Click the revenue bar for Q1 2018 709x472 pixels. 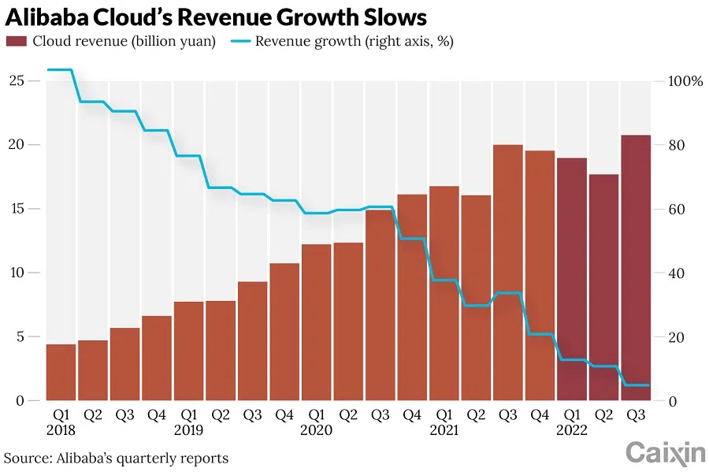tap(61, 372)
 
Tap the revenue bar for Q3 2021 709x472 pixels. tap(508, 273)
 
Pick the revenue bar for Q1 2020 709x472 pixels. tap(316, 322)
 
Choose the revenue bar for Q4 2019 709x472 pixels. tap(284, 332)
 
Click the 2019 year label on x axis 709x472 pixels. tap(189, 431)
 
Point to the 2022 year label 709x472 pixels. tap(572, 431)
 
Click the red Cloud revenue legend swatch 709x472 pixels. tap(17, 42)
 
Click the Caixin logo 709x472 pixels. tap(665, 453)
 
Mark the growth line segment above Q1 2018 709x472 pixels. tap(61, 70)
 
